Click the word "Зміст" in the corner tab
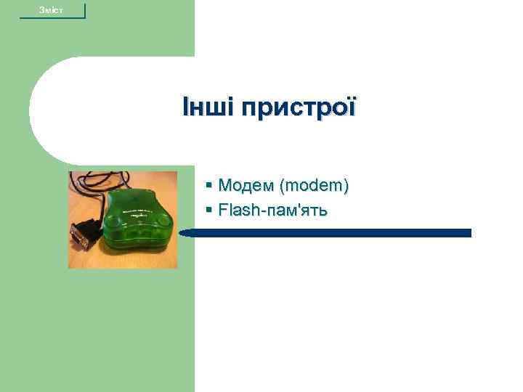52,9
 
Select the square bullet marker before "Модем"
208,187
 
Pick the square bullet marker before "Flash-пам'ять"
208,211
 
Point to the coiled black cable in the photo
98,184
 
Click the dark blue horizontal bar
327,233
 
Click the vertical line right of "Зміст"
85,10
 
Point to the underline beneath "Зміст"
52,17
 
